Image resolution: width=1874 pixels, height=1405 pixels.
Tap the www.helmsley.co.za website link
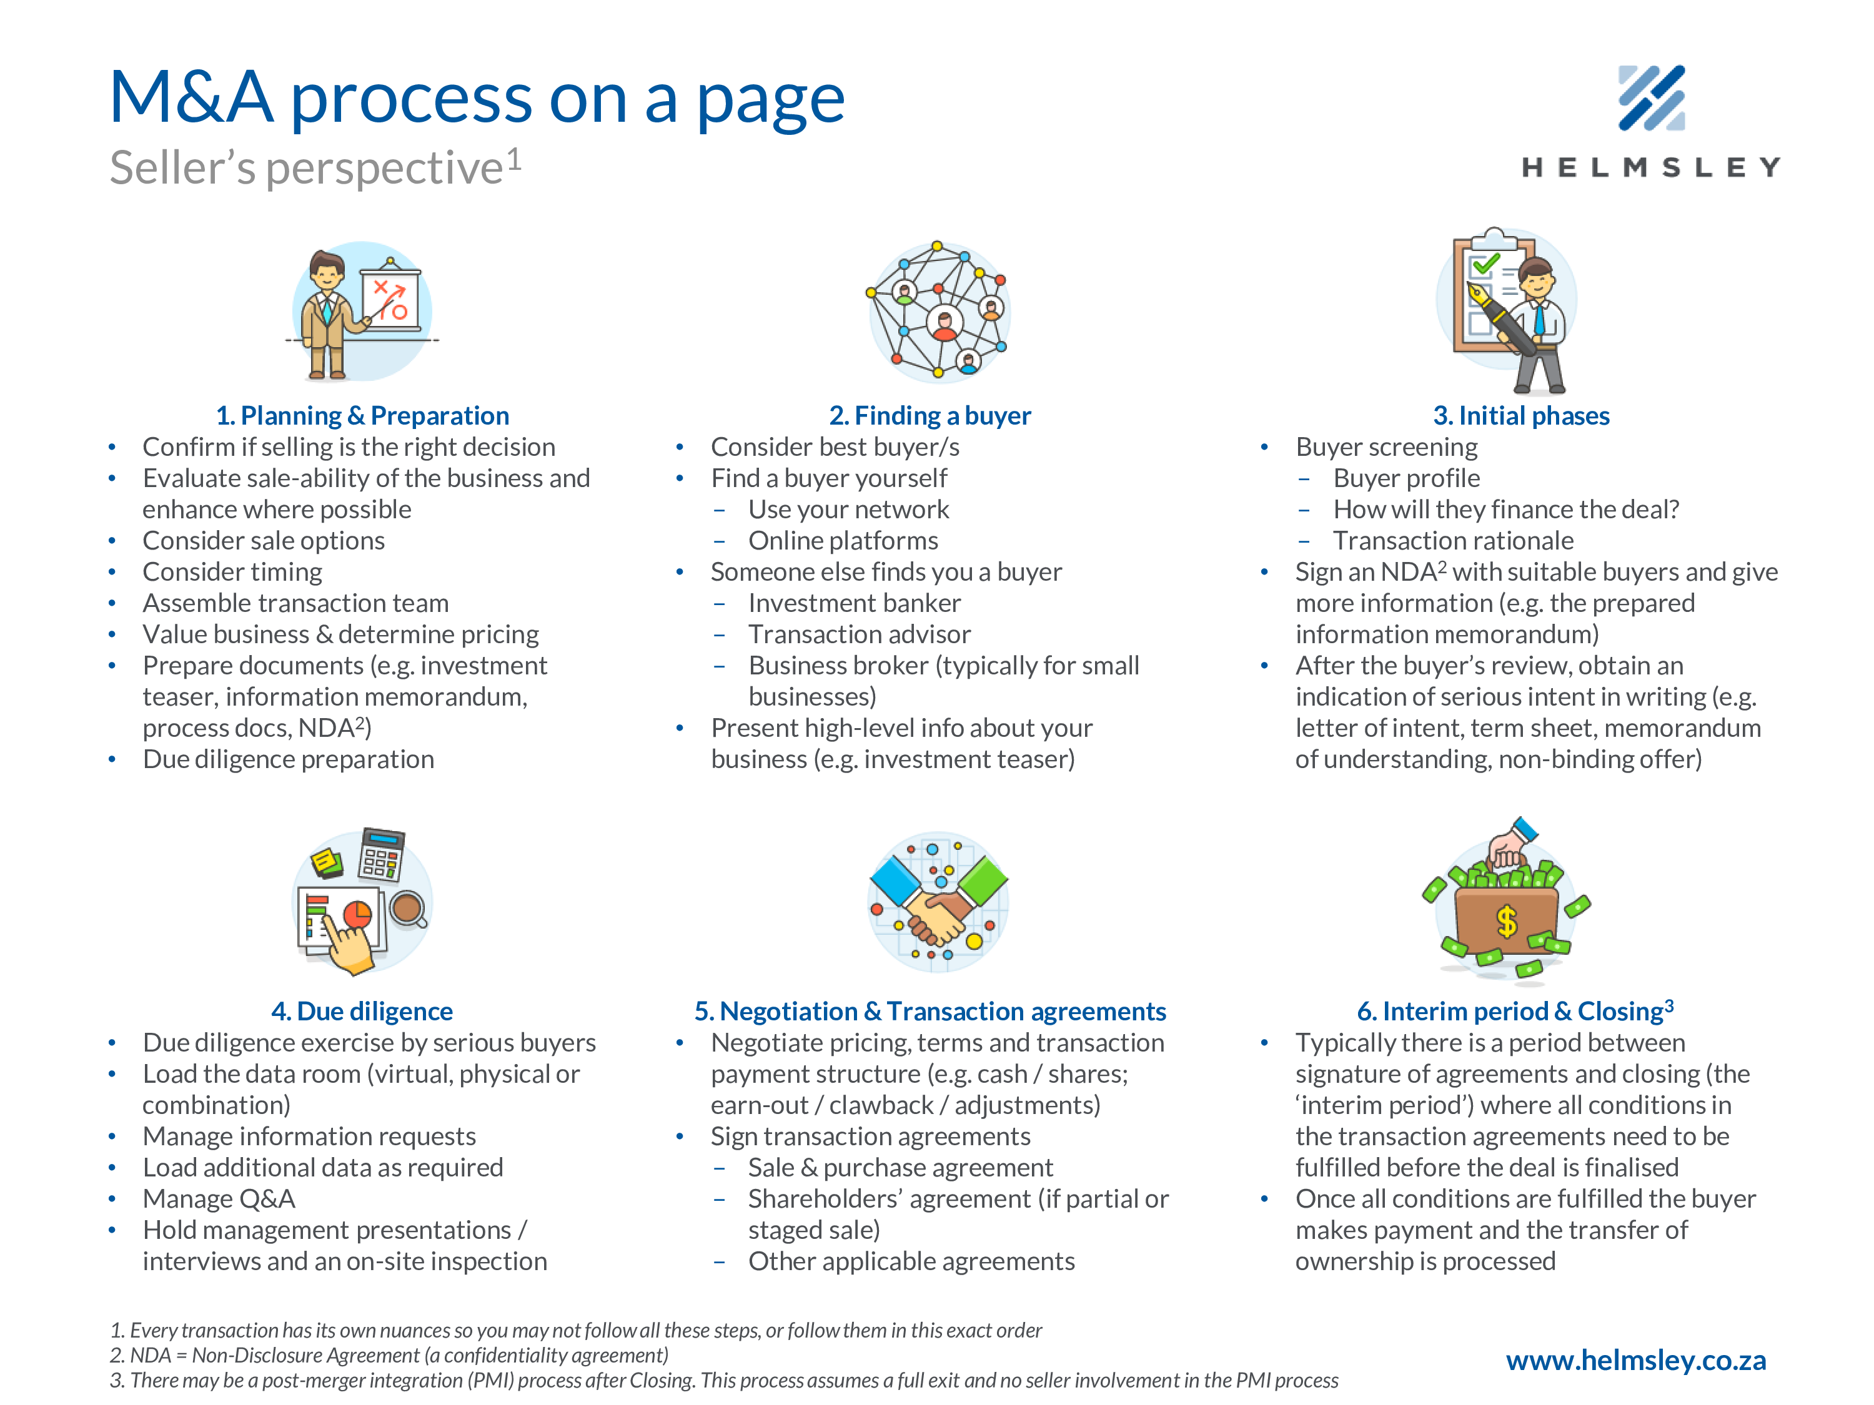click(x=1635, y=1360)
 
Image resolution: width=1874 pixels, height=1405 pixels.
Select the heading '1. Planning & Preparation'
click(x=362, y=416)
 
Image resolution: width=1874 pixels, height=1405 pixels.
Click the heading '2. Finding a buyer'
click(x=930, y=416)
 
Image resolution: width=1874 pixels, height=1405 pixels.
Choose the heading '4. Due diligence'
click(x=362, y=1011)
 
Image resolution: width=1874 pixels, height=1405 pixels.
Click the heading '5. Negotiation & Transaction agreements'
click(x=930, y=1011)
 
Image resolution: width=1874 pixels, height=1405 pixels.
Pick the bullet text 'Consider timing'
click(x=232, y=571)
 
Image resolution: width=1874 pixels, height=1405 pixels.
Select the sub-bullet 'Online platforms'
click(x=843, y=540)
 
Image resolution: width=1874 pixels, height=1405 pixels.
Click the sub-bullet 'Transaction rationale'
click(x=1453, y=540)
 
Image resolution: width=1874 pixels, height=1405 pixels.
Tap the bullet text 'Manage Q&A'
click(x=219, y=1198)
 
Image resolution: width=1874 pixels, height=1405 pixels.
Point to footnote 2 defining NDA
click(x=389, y=1355)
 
